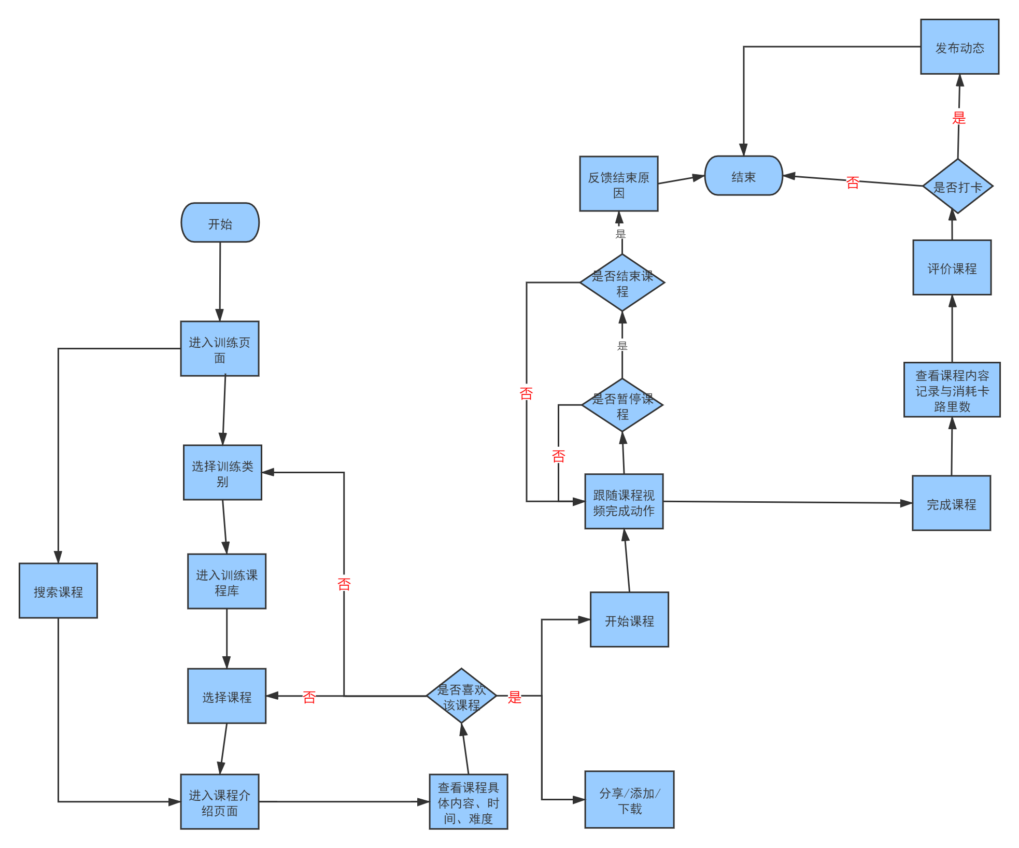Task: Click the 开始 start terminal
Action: [220, 223]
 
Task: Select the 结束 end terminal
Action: [743, 176]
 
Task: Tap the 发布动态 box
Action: [959, 47]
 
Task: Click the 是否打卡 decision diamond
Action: [957, 187]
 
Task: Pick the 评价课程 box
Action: [952, 268]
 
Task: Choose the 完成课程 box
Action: [951, 503]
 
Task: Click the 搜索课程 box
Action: [58, 591]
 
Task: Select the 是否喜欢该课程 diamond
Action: [461, 696]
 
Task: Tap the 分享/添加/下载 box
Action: [629, 800]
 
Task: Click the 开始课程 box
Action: [629, 620]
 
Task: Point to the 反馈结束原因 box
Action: [618, 184]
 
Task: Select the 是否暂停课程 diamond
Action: [622, 405]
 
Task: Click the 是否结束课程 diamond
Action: [622, 283]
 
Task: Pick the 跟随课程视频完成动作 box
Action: [624, 502]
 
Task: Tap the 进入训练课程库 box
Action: [227, 582]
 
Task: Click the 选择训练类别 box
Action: [222, 473]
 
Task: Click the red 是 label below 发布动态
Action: [959, 118]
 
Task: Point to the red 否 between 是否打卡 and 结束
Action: [853, 182]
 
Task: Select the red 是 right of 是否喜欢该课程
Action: [514, 697]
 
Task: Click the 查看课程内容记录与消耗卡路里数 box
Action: [952, 390]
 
